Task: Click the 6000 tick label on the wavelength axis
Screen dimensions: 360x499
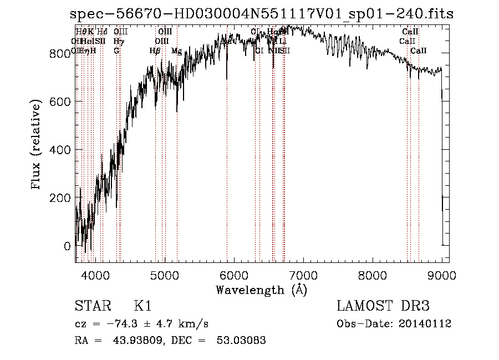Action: click(x=234, y=274)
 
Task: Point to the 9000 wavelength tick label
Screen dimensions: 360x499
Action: click(x=442, y=274)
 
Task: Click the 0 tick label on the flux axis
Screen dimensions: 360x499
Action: click(x=67, y=246)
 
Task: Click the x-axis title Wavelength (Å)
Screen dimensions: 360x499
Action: click(x=261, y=290)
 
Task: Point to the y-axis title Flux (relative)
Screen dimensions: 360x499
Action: click(x=37, y=145)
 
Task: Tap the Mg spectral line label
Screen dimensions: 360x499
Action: click(x=176, y=51)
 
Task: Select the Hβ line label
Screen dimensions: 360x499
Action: click(x=155, y=51)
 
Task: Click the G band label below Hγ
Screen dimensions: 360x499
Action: click(x=116, y=50)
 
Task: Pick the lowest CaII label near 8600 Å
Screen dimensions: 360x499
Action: click(x=419, y=50)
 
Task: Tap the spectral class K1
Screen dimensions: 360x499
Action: click(x=142, y=306)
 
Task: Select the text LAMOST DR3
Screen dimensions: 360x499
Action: click(x=383, y=306)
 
